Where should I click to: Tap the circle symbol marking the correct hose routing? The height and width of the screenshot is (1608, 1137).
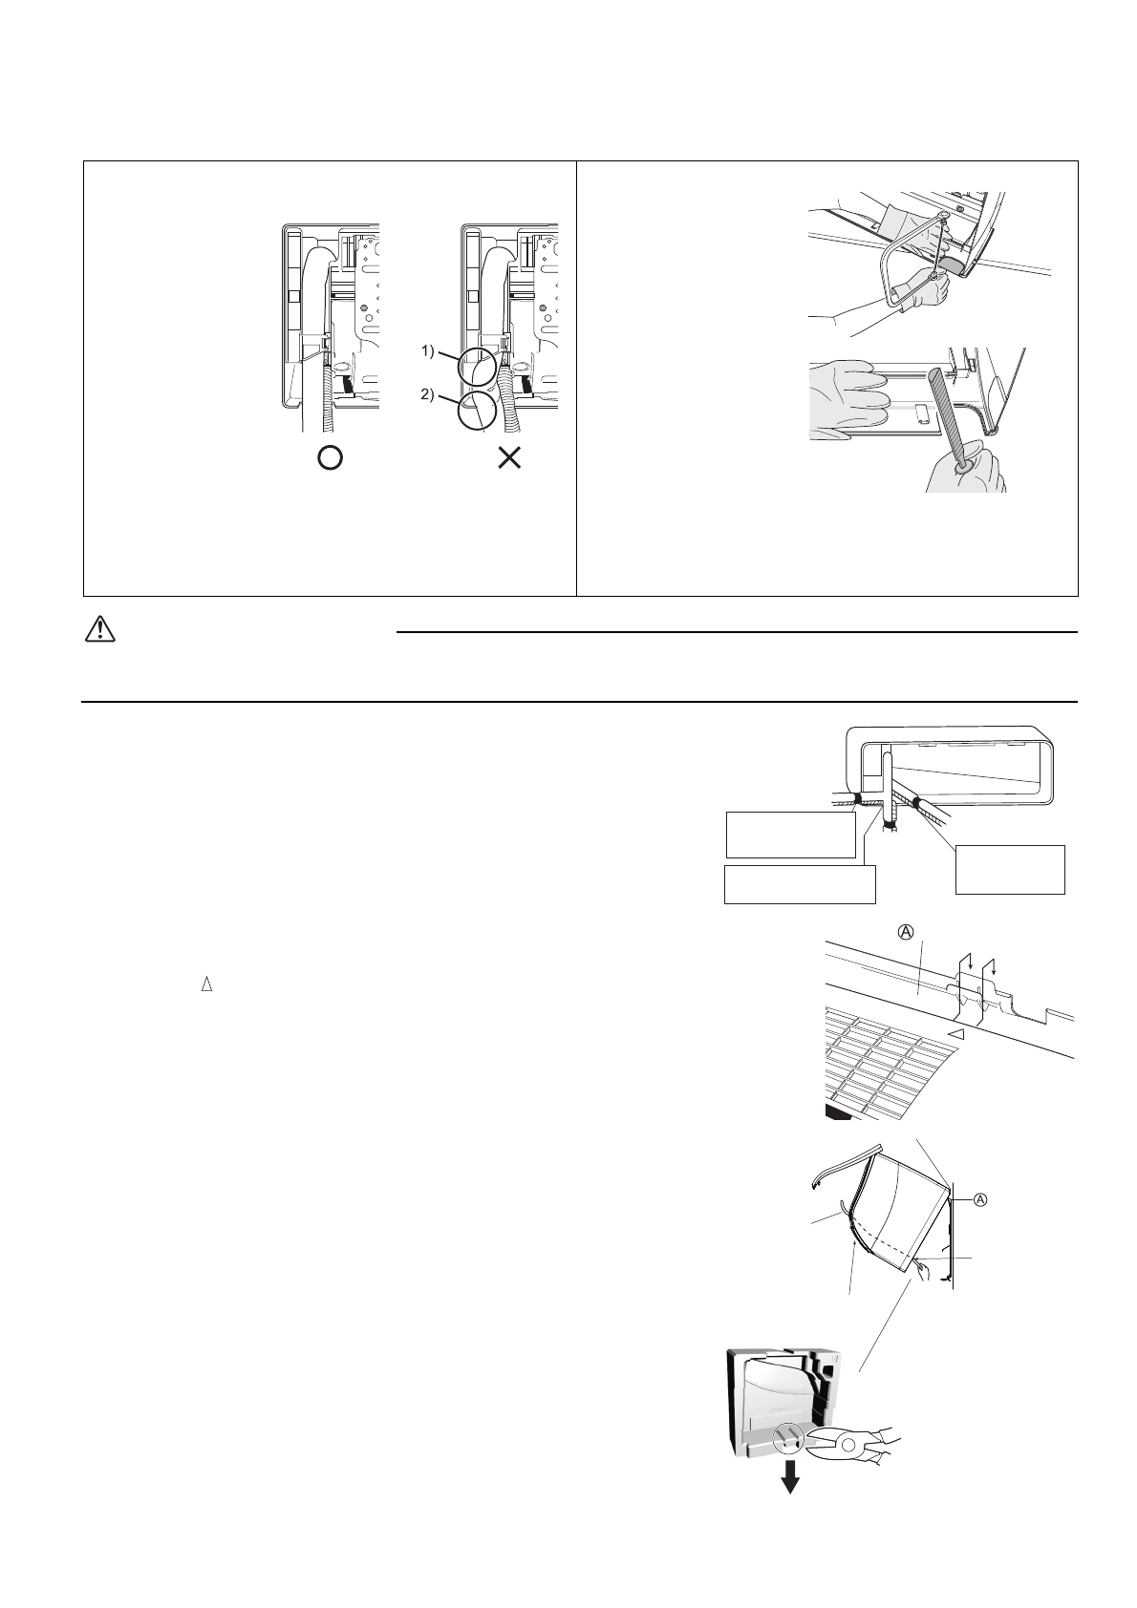coord(329,458)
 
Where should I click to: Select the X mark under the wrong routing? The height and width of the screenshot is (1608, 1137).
coord(510,458)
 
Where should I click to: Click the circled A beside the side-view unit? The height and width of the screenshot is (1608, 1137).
coord(980,1201)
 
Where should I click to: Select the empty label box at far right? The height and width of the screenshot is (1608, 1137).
coord(1010,869)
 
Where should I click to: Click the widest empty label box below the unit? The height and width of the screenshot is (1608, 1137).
coord(800,883)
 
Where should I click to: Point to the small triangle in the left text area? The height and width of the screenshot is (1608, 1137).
coord(205,985)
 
